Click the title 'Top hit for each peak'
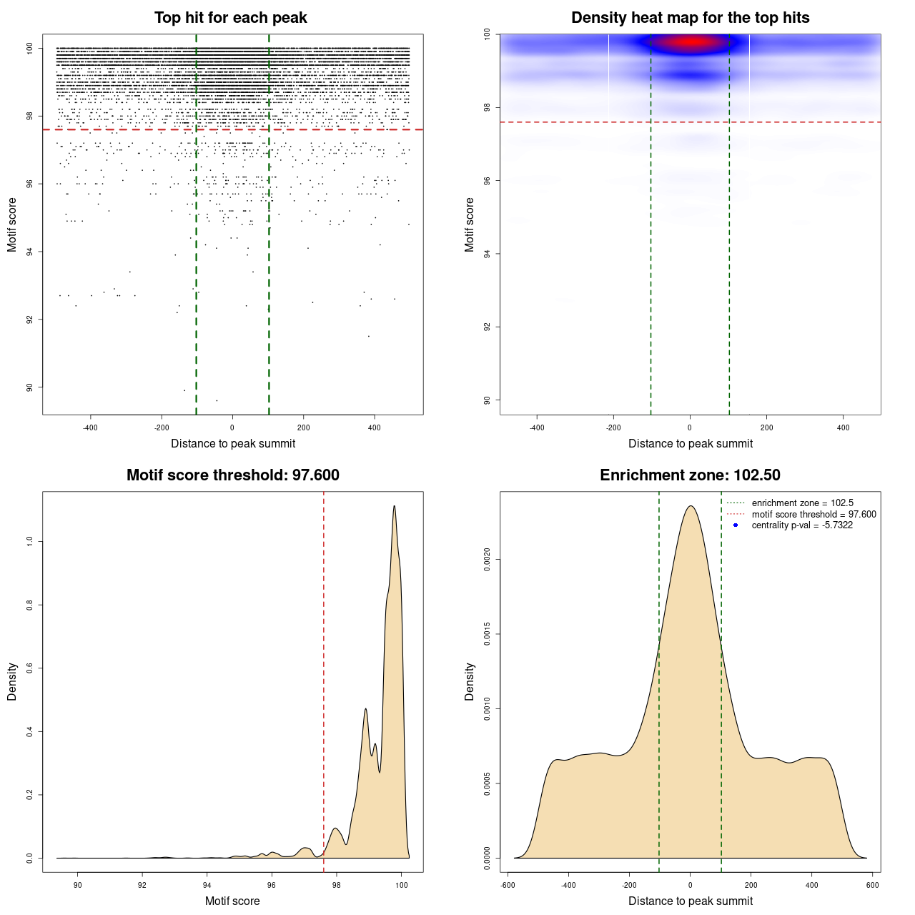pos(230,18)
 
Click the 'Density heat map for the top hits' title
pos(690,18)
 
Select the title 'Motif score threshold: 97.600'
pos(232,475)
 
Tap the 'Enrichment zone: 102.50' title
pos(690,475)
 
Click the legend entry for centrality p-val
pos(802,525)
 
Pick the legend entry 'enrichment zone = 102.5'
pos(802,503)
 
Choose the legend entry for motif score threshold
pos(813,515)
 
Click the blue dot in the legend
pos(736,525)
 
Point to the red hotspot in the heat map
pos(691,42)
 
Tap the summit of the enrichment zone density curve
pos(691,506)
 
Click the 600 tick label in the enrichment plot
pos(873,885)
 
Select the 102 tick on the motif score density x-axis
pos(402,885)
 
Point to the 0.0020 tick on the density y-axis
pos(488,559)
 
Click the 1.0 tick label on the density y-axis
pos(30,541)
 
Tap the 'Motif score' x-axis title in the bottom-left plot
pos(232,901)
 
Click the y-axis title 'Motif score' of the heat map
pos(470,224)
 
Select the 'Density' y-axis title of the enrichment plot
pos(470,681)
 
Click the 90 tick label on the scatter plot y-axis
pos(30,387)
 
